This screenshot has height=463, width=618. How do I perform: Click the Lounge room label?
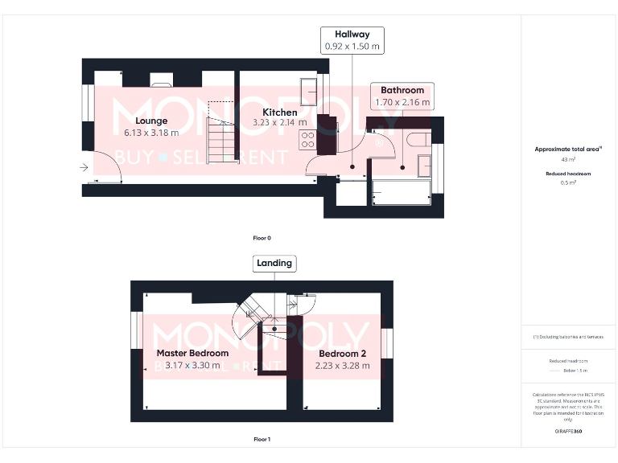[151, 121]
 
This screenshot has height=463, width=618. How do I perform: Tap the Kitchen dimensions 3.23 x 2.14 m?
[279, 123]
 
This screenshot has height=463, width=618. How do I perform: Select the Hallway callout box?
[352, 40]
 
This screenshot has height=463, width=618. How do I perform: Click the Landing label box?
[274, 263]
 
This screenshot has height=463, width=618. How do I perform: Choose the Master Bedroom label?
[192, 353]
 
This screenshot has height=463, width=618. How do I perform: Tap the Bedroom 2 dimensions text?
[343, 366]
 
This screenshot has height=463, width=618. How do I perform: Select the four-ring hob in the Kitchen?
[307, 141]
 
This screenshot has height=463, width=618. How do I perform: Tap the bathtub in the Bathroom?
[402, 193]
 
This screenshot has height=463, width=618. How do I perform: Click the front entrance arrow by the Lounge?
[84, 167]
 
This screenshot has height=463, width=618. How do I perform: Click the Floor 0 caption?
[262, 239]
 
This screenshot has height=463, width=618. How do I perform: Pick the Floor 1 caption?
[262, 440]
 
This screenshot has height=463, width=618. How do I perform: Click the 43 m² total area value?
[569, 160]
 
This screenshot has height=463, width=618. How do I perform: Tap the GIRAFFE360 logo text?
[568, 432]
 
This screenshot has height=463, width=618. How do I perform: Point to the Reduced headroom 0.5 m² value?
[569, 182]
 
